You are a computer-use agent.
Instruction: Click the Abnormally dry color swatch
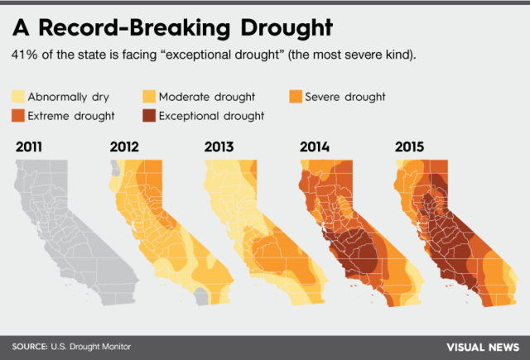[18, 97]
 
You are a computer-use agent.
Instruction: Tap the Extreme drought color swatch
[18, 115]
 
